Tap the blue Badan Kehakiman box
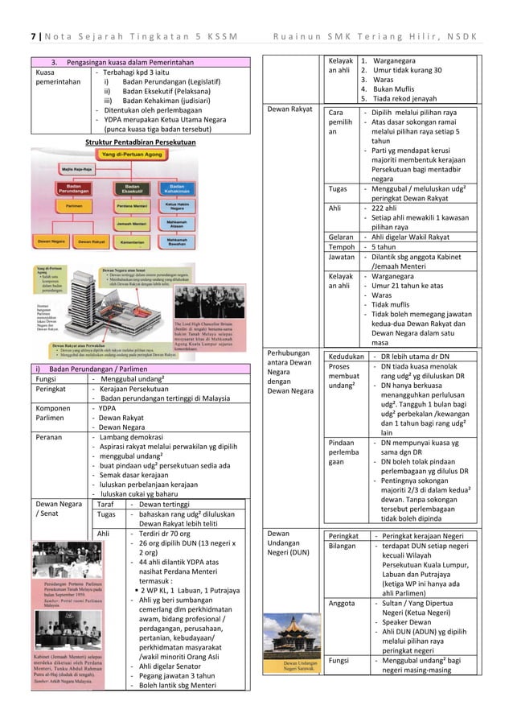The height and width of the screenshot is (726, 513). [178, 188]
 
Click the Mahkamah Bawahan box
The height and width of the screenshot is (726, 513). [178, 241]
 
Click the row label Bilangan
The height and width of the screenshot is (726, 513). [344, 546]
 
